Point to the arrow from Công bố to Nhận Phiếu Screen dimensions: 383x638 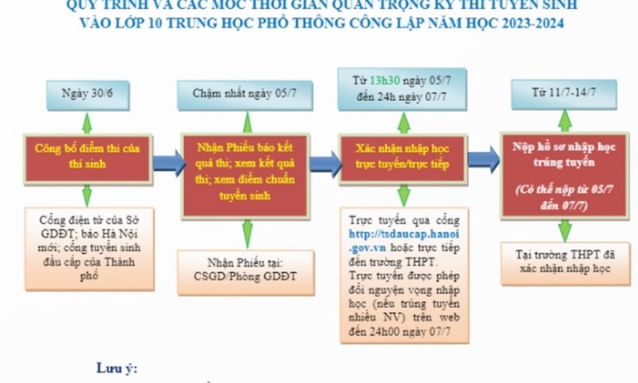point(162,160)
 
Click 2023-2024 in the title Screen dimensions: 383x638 point(526,22)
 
